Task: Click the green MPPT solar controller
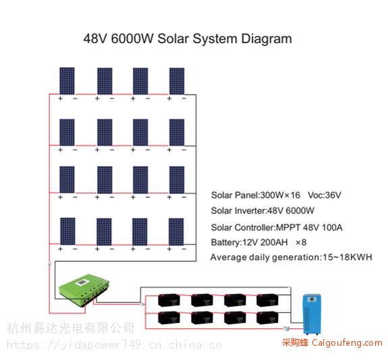pos(84,290)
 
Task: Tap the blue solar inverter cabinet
pos(312,314)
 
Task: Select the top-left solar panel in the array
pos(67,81)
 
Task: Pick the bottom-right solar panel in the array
pos(176,232)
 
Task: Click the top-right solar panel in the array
pos(177,81)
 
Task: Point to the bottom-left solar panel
pos(67,232)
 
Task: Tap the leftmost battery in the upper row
pos(169,301)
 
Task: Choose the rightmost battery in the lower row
pos(267,318)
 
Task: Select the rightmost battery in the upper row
pos(267,301)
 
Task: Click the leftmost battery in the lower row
pos(169,318)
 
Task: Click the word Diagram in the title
pos(267,39)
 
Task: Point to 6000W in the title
pos(132,39)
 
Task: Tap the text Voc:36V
pos(325,195)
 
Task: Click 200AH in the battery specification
pos(274,242)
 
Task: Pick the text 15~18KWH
pos(348,257)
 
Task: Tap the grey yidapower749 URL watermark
pos(114,345)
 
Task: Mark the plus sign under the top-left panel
pos(60,99)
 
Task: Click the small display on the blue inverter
pos(312,299)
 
